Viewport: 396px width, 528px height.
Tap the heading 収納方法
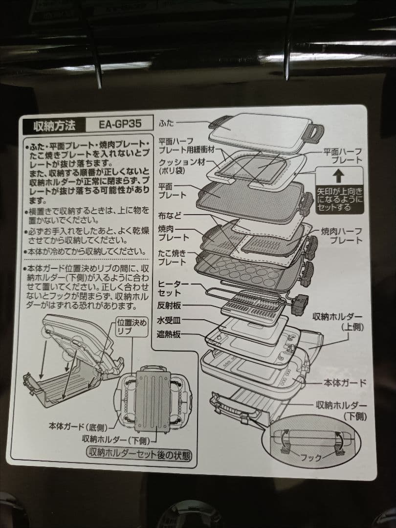click(x=54, y=125)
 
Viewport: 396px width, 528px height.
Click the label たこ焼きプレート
click(x=173, y=258)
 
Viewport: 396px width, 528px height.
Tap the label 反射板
click(x=169, y=305)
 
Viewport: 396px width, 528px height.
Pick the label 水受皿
click(x=169, y=321)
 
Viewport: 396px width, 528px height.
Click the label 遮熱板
click(x=169, y=335)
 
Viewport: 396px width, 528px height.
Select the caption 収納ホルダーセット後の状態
click(x=139, y=453)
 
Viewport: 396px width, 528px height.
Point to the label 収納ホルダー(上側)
click(x=337, y=322)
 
